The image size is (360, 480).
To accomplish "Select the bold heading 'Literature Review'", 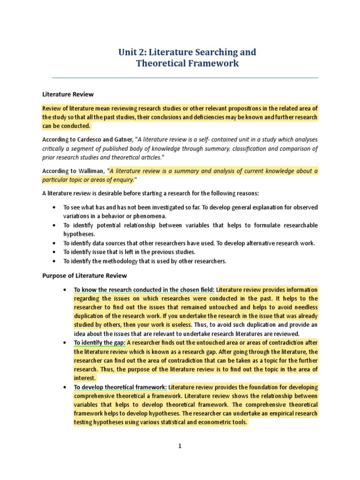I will [x=68, y=94].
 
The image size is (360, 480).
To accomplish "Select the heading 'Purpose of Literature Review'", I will [x=84, y=276].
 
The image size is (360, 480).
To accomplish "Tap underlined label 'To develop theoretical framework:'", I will [x=120, y=387].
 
